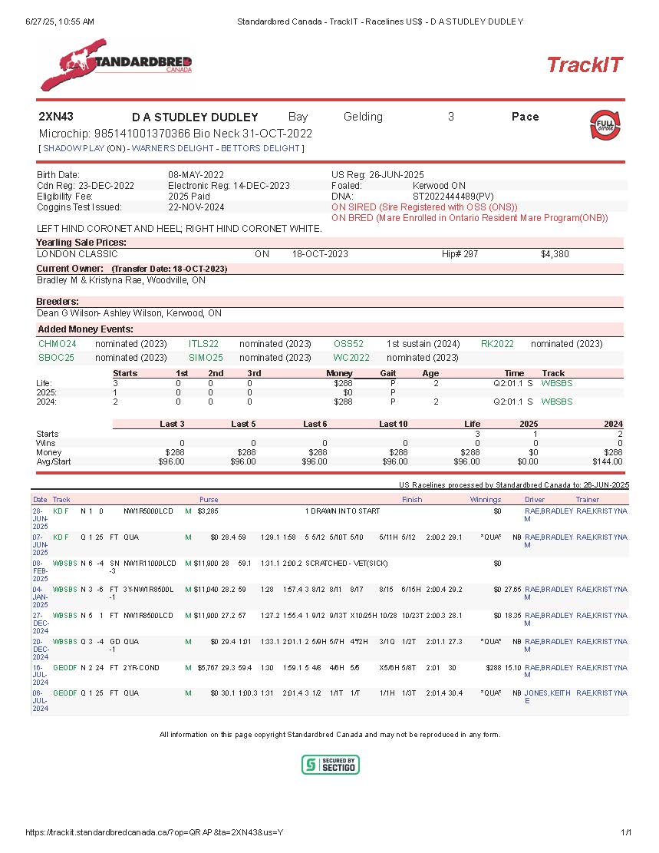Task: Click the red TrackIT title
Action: [585, 65]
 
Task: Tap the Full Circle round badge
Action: [605, 125]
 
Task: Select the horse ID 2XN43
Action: [56, 117]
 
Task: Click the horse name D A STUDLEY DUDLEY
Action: [195, 117]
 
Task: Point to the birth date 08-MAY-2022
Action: [196, 175]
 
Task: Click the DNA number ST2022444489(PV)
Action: [453, 197]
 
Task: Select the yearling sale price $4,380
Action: [555, 254]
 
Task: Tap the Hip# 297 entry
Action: [460, 254]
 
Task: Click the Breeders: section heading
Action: [58, 302]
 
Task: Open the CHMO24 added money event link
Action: [58, 344]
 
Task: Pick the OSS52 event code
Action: [348, 344]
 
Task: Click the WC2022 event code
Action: [351, 358]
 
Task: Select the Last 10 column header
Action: [393, 424]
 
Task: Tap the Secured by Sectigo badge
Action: [330, 765]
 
